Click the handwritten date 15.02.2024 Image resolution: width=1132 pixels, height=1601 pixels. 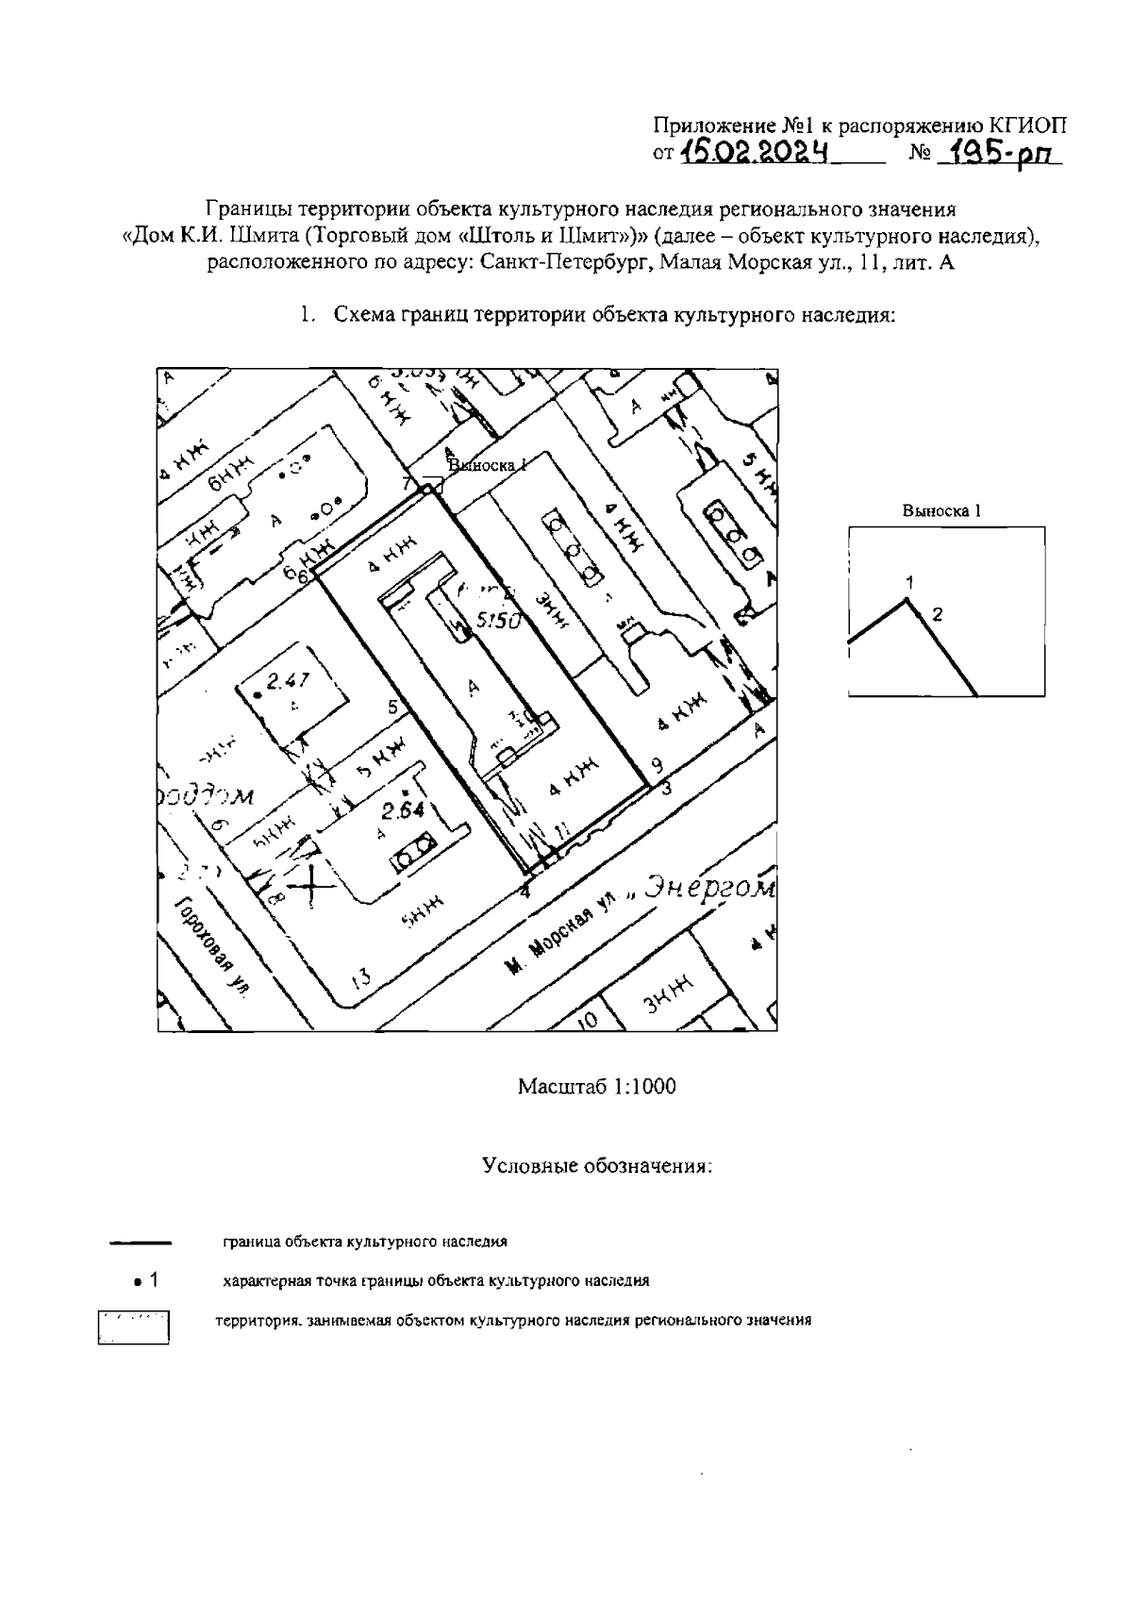tap(754, 150)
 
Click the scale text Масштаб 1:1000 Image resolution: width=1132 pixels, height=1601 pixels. tap(596, 1086)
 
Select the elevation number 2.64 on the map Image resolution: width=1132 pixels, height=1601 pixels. tap(404, 810)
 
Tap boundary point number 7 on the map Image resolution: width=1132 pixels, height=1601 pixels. tap(408, 483)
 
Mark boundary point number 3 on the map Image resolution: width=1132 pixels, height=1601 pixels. tap(665, 789)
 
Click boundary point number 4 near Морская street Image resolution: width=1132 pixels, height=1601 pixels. tap(526, 890)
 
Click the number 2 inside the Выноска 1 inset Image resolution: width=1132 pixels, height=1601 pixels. tap(937, 614)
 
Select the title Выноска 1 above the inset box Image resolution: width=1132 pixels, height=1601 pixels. tap(941, 510)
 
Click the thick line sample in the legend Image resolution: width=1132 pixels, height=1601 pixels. tap(140, 1242)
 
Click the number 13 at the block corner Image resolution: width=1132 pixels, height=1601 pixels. tap(359, 977)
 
